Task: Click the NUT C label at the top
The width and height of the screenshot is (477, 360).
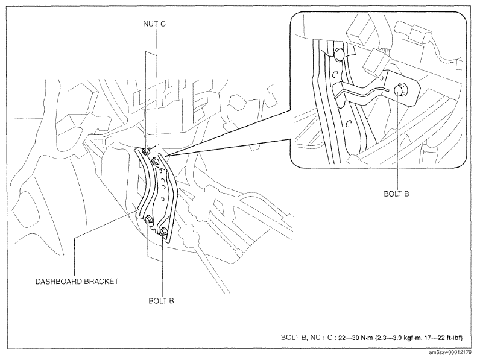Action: coord(154,24)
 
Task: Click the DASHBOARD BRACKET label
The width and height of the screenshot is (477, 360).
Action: coord(77,282)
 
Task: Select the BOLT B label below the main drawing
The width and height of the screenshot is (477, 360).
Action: coord(161,301)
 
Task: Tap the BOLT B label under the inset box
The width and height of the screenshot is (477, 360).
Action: coord(396,194)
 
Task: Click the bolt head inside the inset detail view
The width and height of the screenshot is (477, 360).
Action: coord(399,90)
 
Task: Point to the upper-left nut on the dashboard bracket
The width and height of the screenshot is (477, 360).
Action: coord(147,151)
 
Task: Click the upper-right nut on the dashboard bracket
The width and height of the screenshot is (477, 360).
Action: coord(155,160)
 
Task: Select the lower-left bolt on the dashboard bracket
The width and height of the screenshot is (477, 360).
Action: coord(149,219)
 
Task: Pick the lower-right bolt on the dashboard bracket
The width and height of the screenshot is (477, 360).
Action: coord(163,232)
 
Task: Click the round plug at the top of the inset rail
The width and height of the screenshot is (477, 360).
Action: coord(339,55)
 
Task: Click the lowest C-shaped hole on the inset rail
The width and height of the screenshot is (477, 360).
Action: coord(349,123)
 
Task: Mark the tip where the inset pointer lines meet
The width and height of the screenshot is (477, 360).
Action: coord(166,156)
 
